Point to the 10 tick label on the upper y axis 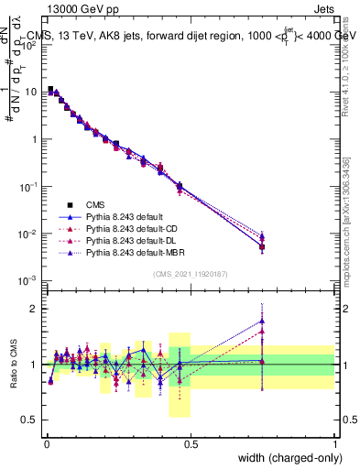tap(31, 92)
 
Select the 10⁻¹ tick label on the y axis tap(30, 186)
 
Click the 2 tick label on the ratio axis tap(36, 309)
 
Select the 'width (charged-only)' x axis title tap(285, 459)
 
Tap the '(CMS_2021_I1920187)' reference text tap(191, 274)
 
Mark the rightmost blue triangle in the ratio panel tap(263, 321)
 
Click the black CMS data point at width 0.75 tap(263, 246)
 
